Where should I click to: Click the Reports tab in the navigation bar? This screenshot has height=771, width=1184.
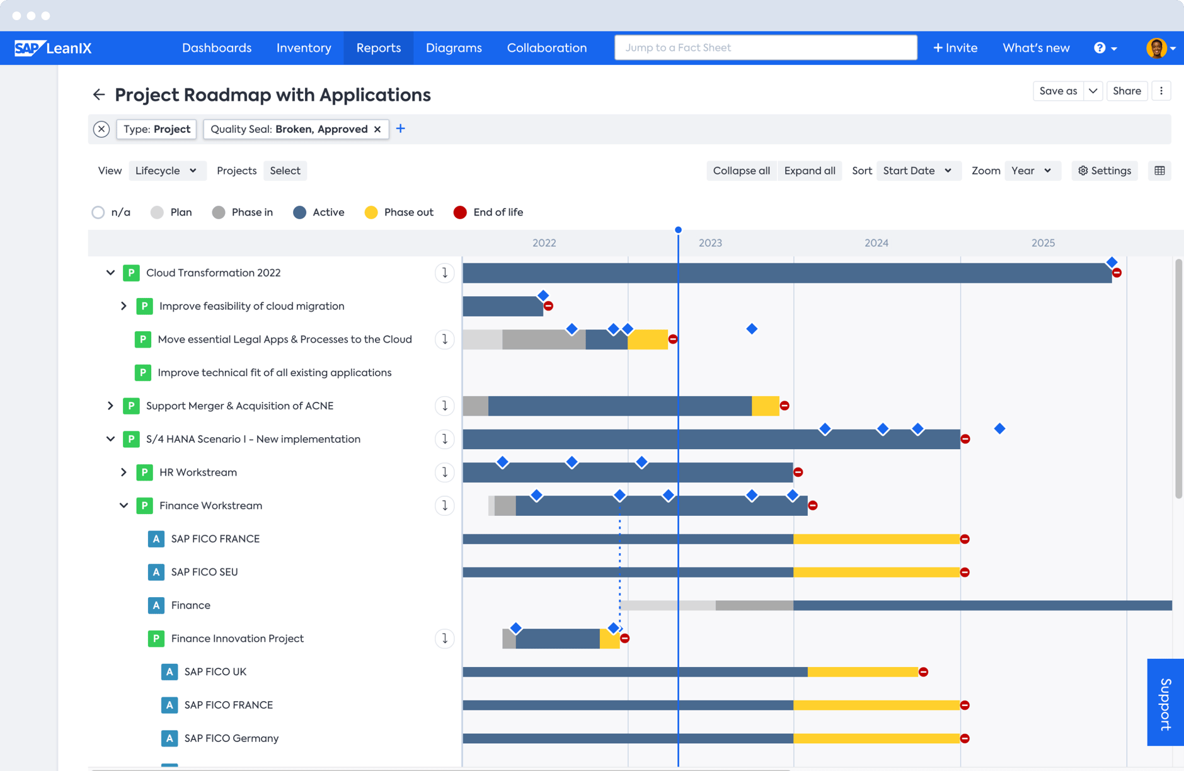tap(378, 48)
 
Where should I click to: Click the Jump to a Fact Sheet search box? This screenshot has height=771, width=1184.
tap(765, 48)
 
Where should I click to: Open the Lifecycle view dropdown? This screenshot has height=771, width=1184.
tap(167, 171)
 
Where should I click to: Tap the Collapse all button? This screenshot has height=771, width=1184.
tap(741, 171)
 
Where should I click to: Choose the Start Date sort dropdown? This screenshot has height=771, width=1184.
tap(917, 171)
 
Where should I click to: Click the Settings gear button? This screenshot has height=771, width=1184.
tap(1104, 171)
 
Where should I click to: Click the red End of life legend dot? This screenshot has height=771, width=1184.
tap(460, 212)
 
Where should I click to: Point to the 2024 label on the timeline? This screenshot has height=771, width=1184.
tap(876, 243)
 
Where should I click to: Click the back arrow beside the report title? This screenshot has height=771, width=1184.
tap(99, 95)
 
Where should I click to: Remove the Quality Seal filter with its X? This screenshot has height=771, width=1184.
tap(377, 129)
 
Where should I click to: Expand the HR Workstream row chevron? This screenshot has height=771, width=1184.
tap(124, 472)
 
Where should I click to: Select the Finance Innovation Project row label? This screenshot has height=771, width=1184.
tap(237, 639)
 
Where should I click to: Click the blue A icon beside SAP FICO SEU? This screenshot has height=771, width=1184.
tap(156, 572)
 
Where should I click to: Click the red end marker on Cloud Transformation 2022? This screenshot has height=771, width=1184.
tap(1117, 273)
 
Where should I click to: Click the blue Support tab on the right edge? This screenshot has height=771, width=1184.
tap(1165, 702)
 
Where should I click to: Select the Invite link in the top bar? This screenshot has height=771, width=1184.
tap(955, 48)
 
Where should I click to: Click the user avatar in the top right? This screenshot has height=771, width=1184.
tap(1156, 48)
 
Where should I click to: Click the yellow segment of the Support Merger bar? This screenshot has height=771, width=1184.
tap(765, 406)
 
